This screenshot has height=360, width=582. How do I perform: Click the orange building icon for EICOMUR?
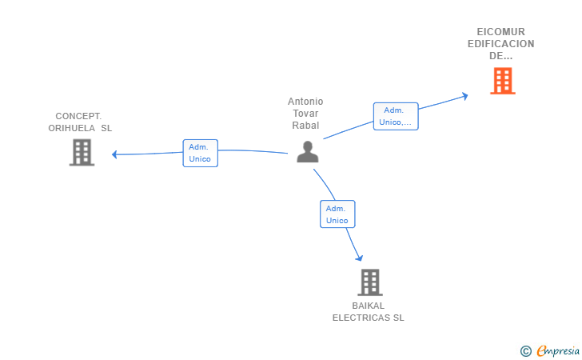tap(502, 81)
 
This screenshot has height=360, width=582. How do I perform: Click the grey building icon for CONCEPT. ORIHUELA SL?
tap(82, 152)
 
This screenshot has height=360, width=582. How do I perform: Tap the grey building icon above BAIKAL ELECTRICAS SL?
tap(369, 282)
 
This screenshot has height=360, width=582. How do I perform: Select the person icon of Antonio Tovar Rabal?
tap(307, 151)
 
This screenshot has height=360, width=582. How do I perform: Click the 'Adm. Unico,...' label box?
tap(396, 116)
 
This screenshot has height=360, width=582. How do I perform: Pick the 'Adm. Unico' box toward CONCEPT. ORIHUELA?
tap(200, 153)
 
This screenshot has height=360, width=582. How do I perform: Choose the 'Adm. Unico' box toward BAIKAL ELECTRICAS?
tap(337, 214)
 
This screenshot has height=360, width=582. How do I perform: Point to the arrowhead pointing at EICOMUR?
tap(464, 96)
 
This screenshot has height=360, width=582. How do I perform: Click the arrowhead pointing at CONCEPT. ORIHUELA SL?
tap(116, 154)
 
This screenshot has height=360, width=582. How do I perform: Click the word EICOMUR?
tap(501, 32)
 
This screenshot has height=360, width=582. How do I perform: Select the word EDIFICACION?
tap(501, 44)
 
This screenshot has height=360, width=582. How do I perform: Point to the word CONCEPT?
tap(78, 116)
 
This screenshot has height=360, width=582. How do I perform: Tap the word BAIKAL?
tap(369, 306)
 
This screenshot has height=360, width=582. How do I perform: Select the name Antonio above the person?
tap(305, 102)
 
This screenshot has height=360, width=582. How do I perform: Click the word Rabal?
tap(305, 126)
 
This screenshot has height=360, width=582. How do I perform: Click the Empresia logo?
tap(557, 350)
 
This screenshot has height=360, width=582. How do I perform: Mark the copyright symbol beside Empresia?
tap(525, 350)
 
